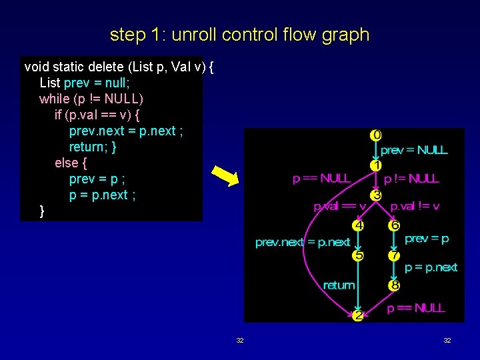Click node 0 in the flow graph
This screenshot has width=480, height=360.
coord(377,135)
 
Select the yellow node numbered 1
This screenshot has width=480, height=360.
coord(377,165)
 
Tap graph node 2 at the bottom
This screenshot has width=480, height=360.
coord(358,315)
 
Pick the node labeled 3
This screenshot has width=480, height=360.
coord(377,195)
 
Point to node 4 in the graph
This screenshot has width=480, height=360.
coord(359,225)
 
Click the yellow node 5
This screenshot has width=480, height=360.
coord(359,255)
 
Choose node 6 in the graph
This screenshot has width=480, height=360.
coord(395,225)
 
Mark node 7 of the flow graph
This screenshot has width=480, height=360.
coord(395,255)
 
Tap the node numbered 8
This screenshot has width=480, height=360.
coord(395,285)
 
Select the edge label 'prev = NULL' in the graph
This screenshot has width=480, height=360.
coord(414,150)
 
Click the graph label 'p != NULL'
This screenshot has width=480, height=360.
coord(411,179)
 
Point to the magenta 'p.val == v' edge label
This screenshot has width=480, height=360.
coord(340,207)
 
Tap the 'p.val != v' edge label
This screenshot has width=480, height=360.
coord(415,207)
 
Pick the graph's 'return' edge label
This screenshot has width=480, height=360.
coord(339,285)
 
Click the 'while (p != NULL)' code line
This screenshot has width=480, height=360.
coord(91,99)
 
